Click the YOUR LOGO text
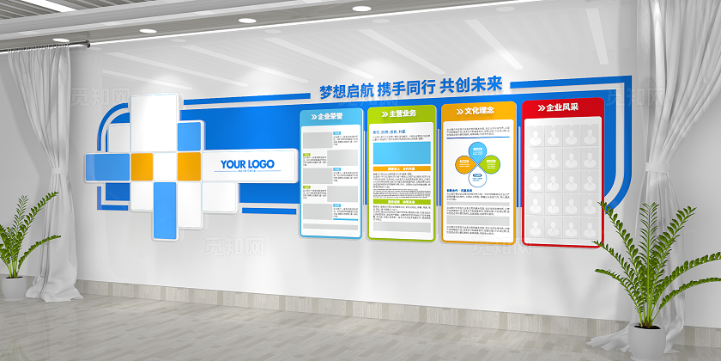(x=247, y=163)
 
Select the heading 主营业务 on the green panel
(x=402, y=113)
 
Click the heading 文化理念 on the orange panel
(x=480, y=111)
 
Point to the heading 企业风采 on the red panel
(x=565, y=109)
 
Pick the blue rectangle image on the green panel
(x=400, y=151)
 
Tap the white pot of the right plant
(x=646, y=344)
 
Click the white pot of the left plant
(x=14, y=287)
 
